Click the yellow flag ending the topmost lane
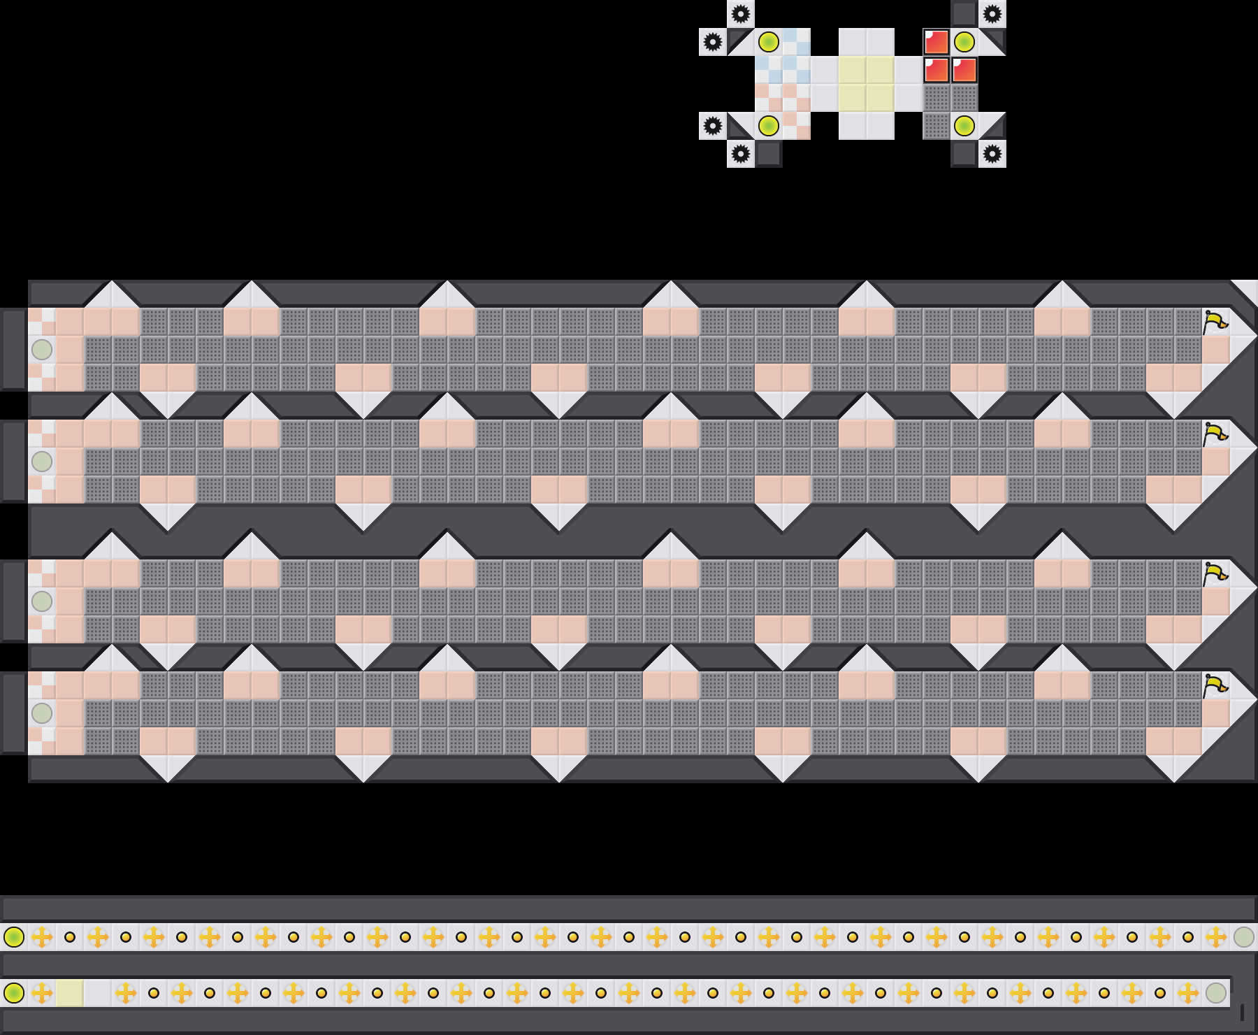1215,322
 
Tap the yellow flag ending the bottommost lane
1215,685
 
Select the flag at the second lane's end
1215,434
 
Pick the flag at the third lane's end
1215,574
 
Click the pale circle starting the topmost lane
42,349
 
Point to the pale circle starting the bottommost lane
42,713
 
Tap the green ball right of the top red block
964,42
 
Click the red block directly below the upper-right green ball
964,70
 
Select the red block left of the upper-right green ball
937,42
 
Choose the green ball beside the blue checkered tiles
769,42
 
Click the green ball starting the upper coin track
14,936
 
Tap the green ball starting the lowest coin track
14,992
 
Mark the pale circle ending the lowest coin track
1216,992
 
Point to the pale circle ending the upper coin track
1244,936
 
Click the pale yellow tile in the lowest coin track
70,992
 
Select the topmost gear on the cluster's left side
741,14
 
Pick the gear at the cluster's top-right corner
992,14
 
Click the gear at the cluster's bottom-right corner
992,154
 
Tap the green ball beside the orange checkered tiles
769,126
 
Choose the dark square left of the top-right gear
964,14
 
